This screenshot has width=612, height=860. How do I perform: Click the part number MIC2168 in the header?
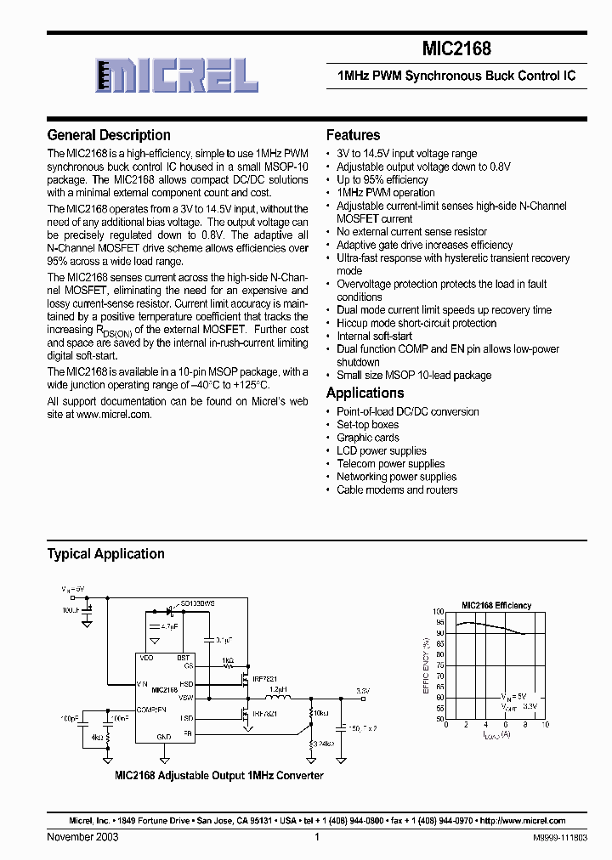pyautogui.click(x=456, y=49)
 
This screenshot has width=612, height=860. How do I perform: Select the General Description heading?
pyautogui.click(x=109, y=135)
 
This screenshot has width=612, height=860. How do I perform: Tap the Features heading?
pyautogui.click(x=353, y=135)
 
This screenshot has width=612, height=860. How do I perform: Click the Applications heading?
pyautogui.click(x=365, y=393)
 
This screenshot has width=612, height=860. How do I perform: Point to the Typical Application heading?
pyautogui.click(x=105, y=554)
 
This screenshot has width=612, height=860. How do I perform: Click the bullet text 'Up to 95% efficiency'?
pyautogui.click(x=382, y=180)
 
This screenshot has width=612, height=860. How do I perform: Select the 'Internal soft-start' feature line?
pyautogui.click(x=374, y=337)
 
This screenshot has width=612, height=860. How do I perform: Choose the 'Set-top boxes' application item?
pyautogui.click(x=367, y=425)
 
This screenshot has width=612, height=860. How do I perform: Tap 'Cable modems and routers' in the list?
pyautogui.click(x=396, y=490)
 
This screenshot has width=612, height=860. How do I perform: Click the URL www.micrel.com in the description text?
pyautogui.click(x=113, y=415)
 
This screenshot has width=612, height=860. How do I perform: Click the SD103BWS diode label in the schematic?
pyautogui.click(x=198, y=603)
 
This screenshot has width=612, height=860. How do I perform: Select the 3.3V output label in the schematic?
pyautogui.click(x=363, y=691)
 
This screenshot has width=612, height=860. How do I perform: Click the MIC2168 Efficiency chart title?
pyautogui.click(x=496, y=606)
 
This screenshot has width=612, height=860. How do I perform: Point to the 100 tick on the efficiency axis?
pyautogui.click(x=439, y=612)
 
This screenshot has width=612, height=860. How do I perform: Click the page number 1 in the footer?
pyautogui.click(x=316, y=837)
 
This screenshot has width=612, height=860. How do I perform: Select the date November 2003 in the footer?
pyautogui.click(x=82, y=837)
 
